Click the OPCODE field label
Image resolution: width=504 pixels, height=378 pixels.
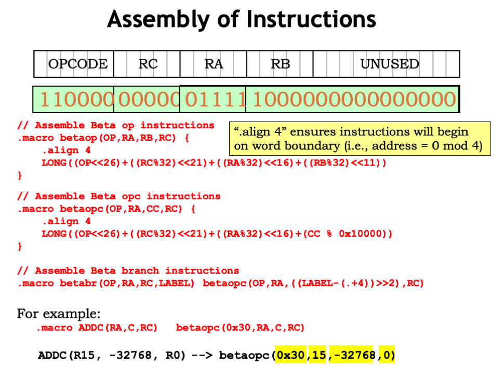click(x=77, y=64)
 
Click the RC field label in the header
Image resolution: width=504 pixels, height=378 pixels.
click(x=148, y=64)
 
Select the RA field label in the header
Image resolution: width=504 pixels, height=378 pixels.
click(x=214, y=64)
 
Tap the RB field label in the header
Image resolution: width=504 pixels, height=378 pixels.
click(x=280, y=64)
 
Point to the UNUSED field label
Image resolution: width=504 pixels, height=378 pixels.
click(x=389, y=64)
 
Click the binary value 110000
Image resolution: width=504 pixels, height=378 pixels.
click(x=76, y=99)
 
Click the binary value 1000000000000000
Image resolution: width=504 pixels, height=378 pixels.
click(x=353, y=99)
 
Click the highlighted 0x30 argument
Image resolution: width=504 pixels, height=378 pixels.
click(x=291, y=356)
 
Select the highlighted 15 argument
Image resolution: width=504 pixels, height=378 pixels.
click(x=318, y=356)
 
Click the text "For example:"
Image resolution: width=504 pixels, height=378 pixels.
click(x=59, y=314)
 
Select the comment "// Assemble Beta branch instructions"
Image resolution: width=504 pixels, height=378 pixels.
click(x=128, y=271)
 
